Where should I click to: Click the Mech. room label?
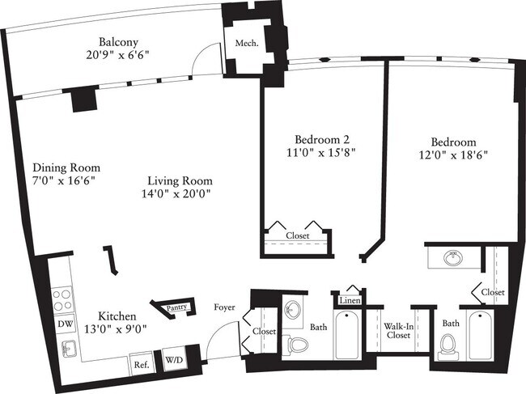(x=246, y=44)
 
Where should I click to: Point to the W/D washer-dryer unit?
(x=174, y=359)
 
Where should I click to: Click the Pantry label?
(x=177, y=307)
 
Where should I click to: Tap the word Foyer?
(x=224, y=307)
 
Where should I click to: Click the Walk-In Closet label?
(x=397, y=333)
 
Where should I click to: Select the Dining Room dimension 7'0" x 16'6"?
(x=58, y=180)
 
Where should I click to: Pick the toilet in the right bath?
(x=448, y=345)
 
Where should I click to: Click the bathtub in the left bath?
(x=350, y=336)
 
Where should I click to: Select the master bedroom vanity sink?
(x=450, y=260)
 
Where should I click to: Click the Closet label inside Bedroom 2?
(x=298, y=235)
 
